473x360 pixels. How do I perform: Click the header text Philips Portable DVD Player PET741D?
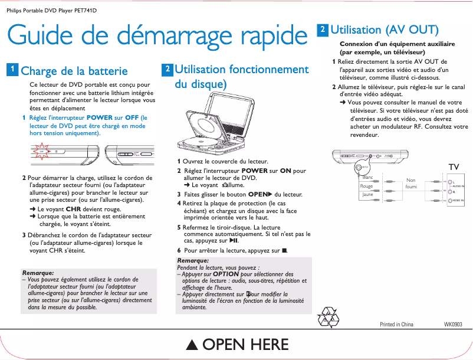tap(51, 11)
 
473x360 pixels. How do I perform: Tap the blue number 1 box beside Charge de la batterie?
tap(12, 70)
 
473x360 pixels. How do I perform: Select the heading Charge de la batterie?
tap(74, 71)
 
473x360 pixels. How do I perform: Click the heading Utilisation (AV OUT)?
tap(384, 30)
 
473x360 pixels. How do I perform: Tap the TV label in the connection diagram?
tap(454, 167)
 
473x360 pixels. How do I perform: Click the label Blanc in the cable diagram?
tap(368, 178)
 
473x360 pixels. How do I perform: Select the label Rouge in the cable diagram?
tap(367, 186)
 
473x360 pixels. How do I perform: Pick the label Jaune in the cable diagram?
tap(367, 194)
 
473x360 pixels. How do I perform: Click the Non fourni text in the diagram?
tap(411, 184)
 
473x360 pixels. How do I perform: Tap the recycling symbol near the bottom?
tap(328, 316)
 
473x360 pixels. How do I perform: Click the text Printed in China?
tap(396, 325)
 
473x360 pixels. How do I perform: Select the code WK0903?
tap(452, 325)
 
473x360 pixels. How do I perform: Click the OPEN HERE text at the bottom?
tap(245, 345)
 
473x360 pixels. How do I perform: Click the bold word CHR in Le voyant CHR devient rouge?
tap(73, 209)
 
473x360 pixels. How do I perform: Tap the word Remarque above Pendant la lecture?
tap(193, 260)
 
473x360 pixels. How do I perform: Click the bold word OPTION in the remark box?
tap(226, 274)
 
